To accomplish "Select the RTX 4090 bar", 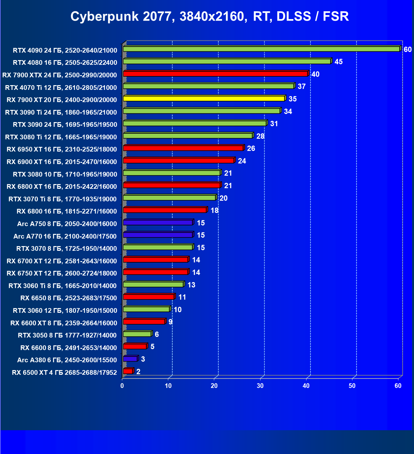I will pyautogui.click(x=261, y=49).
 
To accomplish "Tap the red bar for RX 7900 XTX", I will pyautogui.click(x=215, y=74).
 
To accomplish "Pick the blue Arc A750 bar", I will pyautogui.click(x=158, y=223).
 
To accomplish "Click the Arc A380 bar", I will pyautogui.click(x=130, y=359).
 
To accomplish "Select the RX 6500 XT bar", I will pyautogui.click(x=128, y=371).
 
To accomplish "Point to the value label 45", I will pyautogui.click(x=339, y=62).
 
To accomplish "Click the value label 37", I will pyautogui.click(x=302, y=86).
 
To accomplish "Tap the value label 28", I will pyautogui.click(x=260, y=136).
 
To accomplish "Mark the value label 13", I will pyautogui.click(x=191, y=285).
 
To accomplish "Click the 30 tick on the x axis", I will pyautogui.click(x=260, y=386).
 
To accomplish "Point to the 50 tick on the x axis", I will pyautogui.click(x=352, y=386).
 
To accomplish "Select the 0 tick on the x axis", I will pyautogui.click(x=122, y=386).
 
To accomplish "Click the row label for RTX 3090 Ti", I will pyautogui.click(x=61, y=112).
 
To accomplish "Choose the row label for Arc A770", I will pyautogui.click(x=65, y=236).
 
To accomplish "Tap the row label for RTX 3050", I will pyautogui.click(x=67, y=335).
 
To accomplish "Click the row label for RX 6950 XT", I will pyautogui.click(x=62, y=149).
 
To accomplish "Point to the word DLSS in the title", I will pyautogui.click(x=294, y=16).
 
